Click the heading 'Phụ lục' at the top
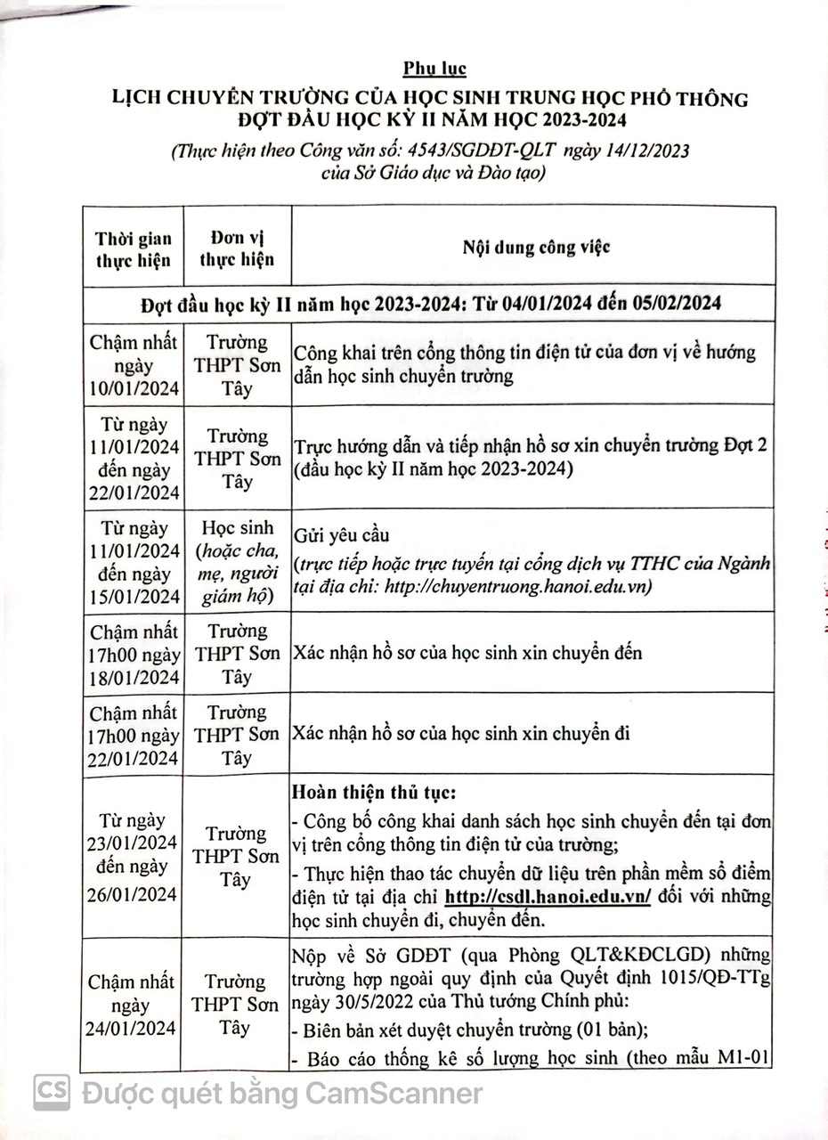coord(434,69)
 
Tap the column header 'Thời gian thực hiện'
coord(134,249)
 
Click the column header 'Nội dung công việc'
coord(535,247)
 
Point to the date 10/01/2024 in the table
coord(134,388)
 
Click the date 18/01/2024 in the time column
coord(134,677)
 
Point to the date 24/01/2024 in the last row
coord(134,1028)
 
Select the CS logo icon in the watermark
coord(53,1092)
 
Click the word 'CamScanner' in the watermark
coord(394,1093)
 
